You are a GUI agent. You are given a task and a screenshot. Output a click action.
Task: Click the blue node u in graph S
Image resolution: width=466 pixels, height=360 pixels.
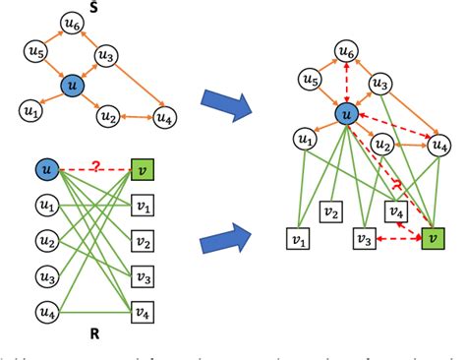point(72,88)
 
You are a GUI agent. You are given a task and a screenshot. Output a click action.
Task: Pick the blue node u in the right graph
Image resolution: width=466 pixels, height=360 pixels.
point(346,114)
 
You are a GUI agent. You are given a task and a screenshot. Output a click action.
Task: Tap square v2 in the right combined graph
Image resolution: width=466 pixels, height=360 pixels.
point(332,210)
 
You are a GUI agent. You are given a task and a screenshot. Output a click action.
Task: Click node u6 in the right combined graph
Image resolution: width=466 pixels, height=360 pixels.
point(346,49)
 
